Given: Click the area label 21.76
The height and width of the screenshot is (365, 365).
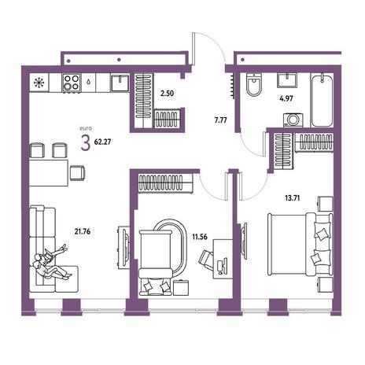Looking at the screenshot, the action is click(83, 231).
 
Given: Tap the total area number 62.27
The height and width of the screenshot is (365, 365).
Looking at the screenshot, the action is click(102, 142).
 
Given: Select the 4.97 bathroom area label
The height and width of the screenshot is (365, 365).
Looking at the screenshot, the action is click(286, 99).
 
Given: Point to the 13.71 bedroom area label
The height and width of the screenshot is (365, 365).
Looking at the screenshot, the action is click(293, 198).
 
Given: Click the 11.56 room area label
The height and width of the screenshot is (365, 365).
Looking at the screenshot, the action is click(200, 237).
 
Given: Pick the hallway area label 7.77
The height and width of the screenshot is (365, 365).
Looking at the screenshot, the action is click(220, 120).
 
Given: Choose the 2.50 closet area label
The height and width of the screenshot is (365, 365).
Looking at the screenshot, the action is click(167, 94).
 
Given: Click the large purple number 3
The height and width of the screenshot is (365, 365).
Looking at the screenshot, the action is click(86, 144).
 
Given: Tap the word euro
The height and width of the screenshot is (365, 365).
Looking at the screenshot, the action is click(86, 128).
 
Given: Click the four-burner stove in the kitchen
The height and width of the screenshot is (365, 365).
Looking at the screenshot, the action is click(72, 83).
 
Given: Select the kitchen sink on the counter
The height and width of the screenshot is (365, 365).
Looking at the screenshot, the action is click(120, 83).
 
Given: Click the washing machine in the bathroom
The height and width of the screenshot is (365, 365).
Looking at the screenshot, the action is click(293, 120).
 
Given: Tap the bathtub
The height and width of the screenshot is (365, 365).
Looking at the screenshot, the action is click(322, 100).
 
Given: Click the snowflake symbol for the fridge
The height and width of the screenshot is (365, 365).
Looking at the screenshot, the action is click(39, 83).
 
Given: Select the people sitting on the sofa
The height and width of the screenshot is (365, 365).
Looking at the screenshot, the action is click(51, 263).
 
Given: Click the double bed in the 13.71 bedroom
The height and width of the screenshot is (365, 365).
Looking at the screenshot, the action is click(300, 244).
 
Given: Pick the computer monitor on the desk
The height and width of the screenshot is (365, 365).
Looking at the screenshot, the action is click(225, 265).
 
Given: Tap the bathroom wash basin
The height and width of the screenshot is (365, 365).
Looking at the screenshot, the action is click(287, 80).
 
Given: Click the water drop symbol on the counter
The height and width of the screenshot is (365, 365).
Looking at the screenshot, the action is click(88, 82).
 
